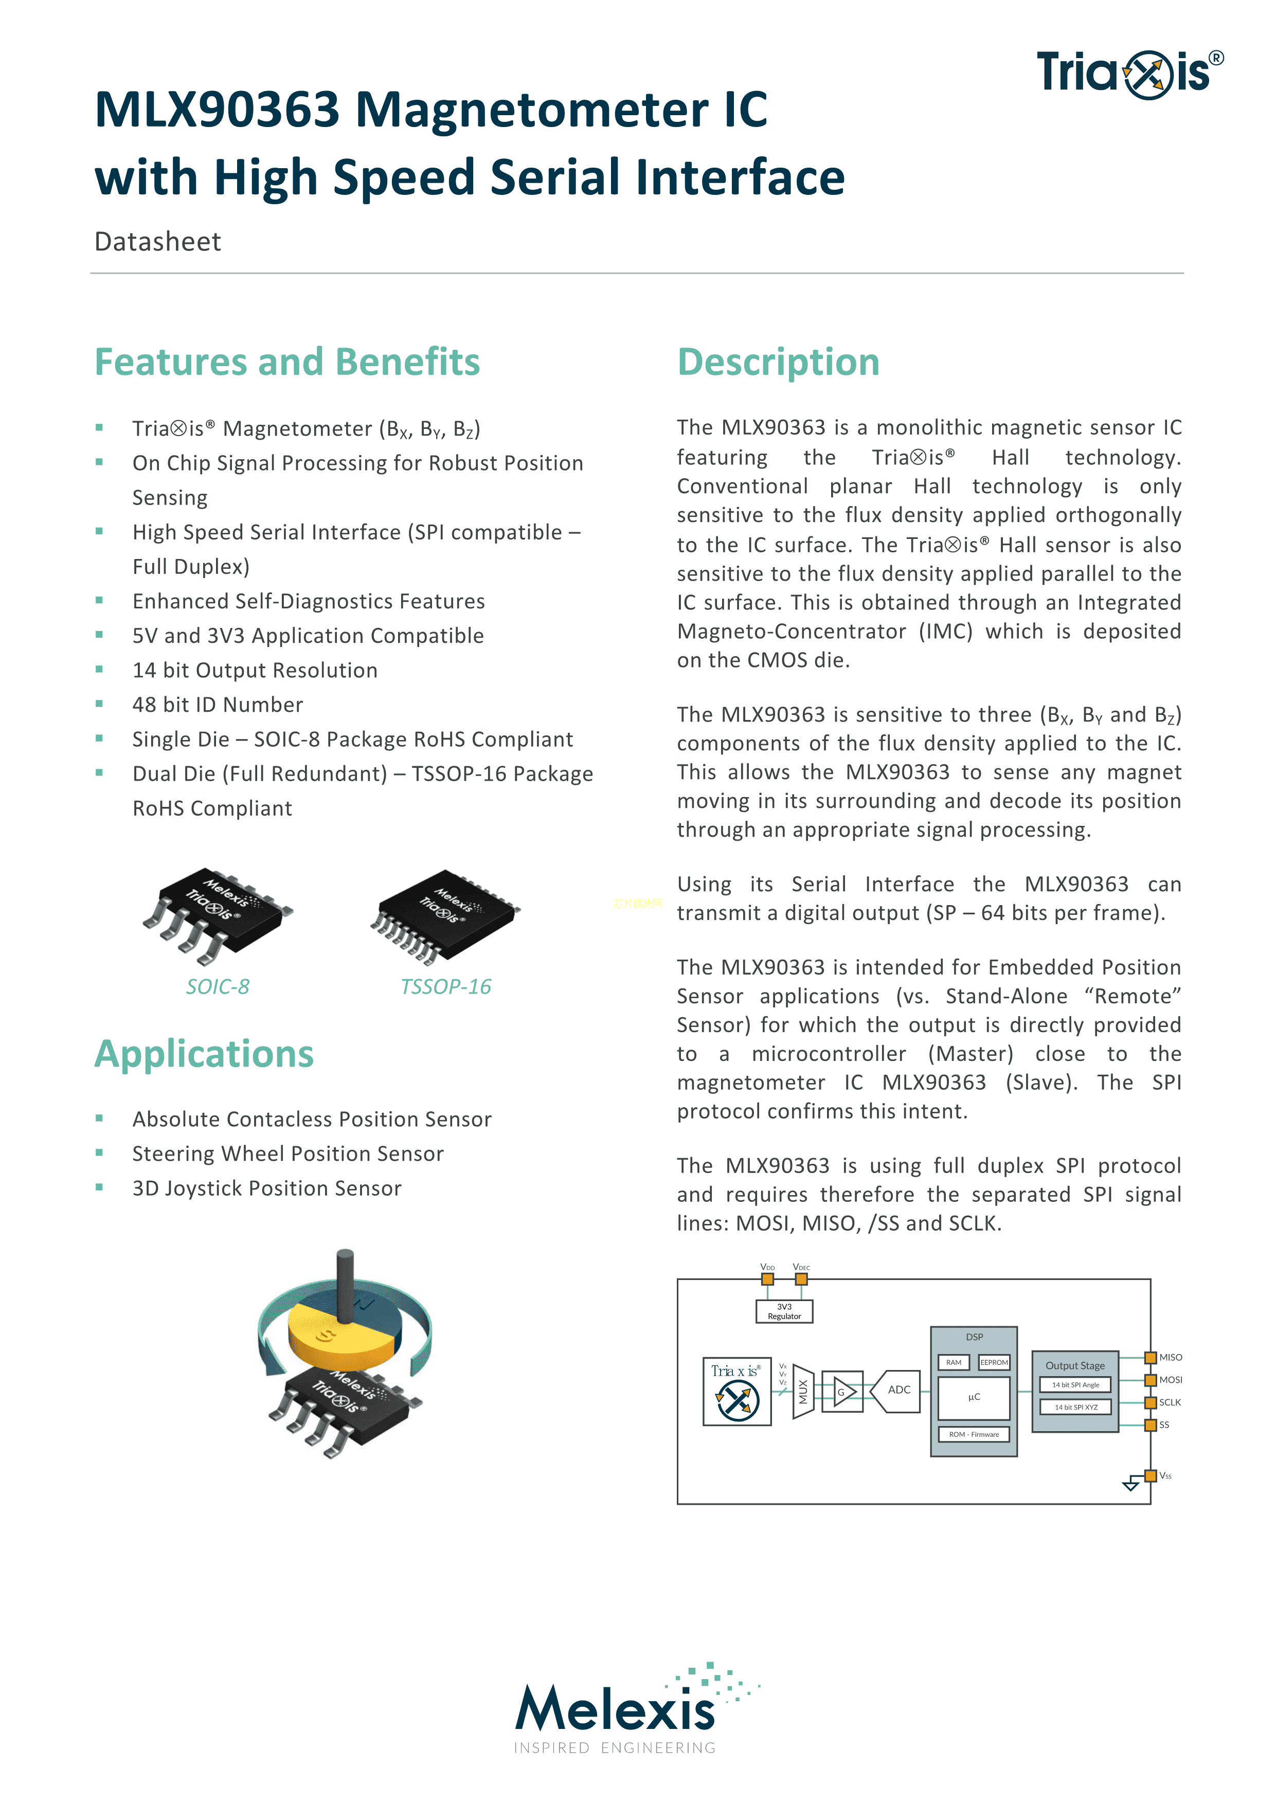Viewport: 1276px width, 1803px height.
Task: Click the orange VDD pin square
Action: pos(768,1279)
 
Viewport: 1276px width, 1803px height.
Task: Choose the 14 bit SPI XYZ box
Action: pos(1075,1407)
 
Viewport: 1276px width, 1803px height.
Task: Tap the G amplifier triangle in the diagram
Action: pos(843,1392)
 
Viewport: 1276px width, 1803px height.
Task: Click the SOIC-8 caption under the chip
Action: pos(218,987)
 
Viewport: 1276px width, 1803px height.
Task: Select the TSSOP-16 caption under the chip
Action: pos(445,987)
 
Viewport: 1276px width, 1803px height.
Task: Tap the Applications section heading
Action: pos(204,1054)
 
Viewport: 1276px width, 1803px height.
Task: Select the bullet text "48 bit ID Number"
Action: pos(218,705)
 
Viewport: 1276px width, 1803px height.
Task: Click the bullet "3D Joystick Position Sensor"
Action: pos(266,1188)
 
